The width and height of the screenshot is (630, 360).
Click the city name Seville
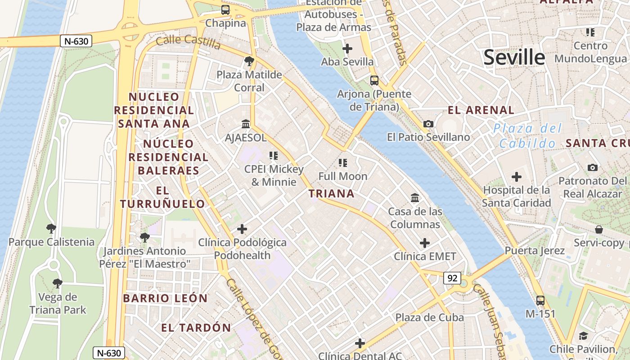pyautogui.click(x=514, y=58)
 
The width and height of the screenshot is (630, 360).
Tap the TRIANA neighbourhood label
pyautogui.click(x=332, y=194)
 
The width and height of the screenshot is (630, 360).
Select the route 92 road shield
pyautogui.click(x=452, y=278)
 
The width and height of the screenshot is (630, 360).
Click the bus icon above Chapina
pyautogui.click(x=225, y=9)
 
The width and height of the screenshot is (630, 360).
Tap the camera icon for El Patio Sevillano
pyautogui.click(x=428, y=124)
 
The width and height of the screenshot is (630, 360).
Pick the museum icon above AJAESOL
pyautogui.click(x=246, y=124)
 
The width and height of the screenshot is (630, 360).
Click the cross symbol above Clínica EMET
pyautogui.click(x=425, y=243)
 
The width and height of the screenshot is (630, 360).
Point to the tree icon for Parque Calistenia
pyautogui.click(x=51, y=229)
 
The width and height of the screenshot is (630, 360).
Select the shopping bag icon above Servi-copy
pyautogui.click(x=599, y=230)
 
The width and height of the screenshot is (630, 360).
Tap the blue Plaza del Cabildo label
pyautogui.click(x=527, y=136)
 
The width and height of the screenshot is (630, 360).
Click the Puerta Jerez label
pyautogui.click(x=535, y=251)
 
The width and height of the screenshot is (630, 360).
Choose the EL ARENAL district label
pyautogui.click(x=481, y=110)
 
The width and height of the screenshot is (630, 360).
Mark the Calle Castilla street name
pyautogui.click(x=188, y=42)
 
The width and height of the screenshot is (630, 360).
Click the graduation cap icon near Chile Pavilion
pyautogui.click(x=583, y=336)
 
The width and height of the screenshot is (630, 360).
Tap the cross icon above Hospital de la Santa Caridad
pyautogui.click(x=517, y=177)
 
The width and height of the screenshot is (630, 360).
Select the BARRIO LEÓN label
pyautogui.click(x=165, y=298)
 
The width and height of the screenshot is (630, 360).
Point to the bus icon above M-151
pyautogui.click(x=540, y=301)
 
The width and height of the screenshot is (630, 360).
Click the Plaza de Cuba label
pyautogui.click(x=429, y=318)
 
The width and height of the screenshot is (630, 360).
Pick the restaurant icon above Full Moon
pyautogui.click(x=343, y=163)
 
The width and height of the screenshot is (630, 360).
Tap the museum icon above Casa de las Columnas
pyautogui.click(x=415, y=198)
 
